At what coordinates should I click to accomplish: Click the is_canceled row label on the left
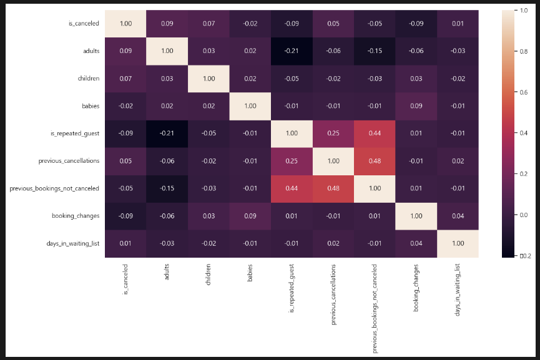coord(84,24)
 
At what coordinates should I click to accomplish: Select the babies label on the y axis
coord(91,105)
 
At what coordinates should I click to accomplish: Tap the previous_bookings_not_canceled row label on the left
coord(54,188)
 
